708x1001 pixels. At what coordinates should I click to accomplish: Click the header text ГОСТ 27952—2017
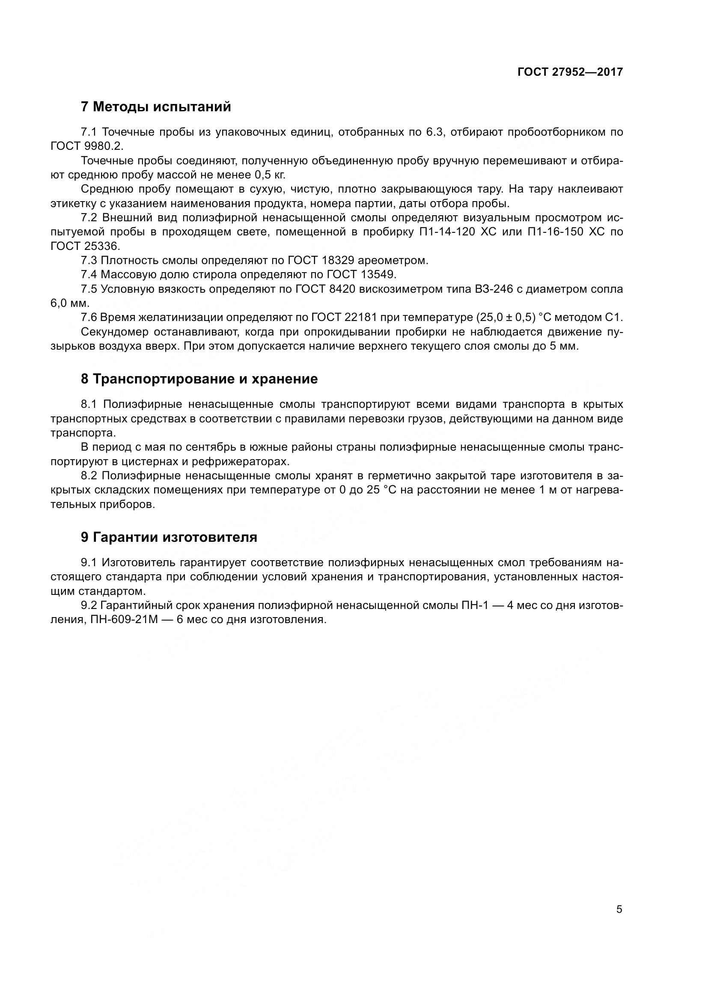point(570,72)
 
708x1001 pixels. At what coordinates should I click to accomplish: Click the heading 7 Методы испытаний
point(156,107)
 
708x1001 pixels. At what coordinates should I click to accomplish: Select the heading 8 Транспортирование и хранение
point(199,379)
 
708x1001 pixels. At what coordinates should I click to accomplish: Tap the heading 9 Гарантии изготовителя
point(169,537)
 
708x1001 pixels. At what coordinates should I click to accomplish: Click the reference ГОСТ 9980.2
point(87,146)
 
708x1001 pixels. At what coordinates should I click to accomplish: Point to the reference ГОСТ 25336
point(85,247)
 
